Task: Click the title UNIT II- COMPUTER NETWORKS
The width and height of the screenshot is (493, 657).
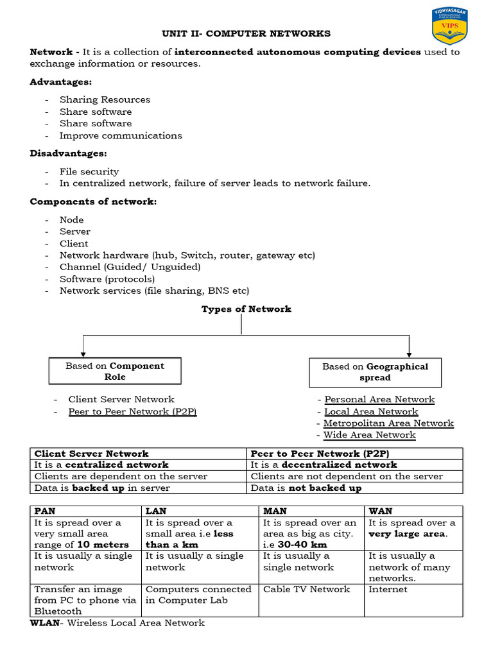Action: coord(246,33)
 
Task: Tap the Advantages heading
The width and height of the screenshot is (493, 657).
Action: coord(61,82)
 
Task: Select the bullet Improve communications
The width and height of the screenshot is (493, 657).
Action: coord(121,135)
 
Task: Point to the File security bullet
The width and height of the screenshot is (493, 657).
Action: coord(89,171)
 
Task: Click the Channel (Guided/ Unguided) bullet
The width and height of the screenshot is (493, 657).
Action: coord(130,267)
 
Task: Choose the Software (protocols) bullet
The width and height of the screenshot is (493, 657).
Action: coord(107,278)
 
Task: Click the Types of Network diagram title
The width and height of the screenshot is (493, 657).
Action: coord(246,309)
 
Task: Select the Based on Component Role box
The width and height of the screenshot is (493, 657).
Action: coord(115,371)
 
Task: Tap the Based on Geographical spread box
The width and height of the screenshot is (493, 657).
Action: coord(375,372)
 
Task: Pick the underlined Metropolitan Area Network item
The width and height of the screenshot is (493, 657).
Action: coord(388,423)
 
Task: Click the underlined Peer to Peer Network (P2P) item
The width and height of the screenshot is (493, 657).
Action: coord(132,411)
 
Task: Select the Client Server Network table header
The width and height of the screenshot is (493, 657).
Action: coord(91,453)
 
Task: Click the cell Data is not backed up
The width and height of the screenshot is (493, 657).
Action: coord(306,488)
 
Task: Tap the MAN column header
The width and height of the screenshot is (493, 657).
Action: coord(274,511)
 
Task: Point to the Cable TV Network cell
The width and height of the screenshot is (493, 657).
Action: coord(307,589)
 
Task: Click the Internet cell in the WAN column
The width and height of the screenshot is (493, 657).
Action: coord(388,589)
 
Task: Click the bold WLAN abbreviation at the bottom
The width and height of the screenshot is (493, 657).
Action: coord(46,623)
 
